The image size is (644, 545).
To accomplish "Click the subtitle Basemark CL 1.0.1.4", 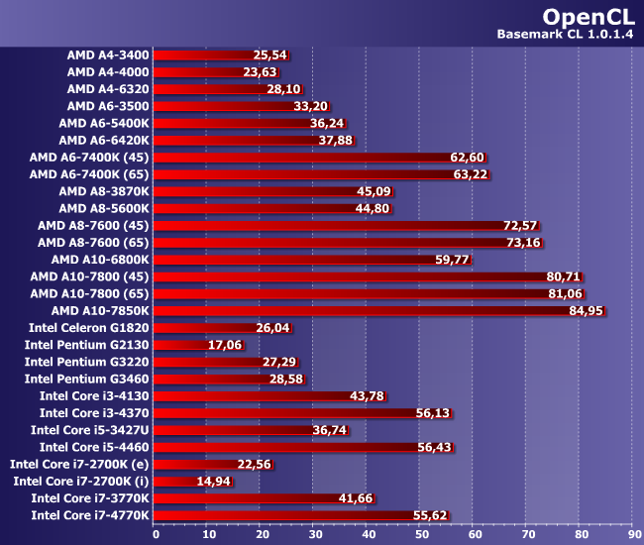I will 565,36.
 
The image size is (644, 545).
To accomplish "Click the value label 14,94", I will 214,482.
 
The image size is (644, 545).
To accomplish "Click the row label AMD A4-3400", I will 108,54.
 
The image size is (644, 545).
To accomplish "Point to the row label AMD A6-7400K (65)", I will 90,173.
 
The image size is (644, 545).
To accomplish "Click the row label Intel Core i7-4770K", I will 90,515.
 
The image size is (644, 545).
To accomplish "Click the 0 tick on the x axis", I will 156,533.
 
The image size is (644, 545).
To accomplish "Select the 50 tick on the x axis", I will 420,533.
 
